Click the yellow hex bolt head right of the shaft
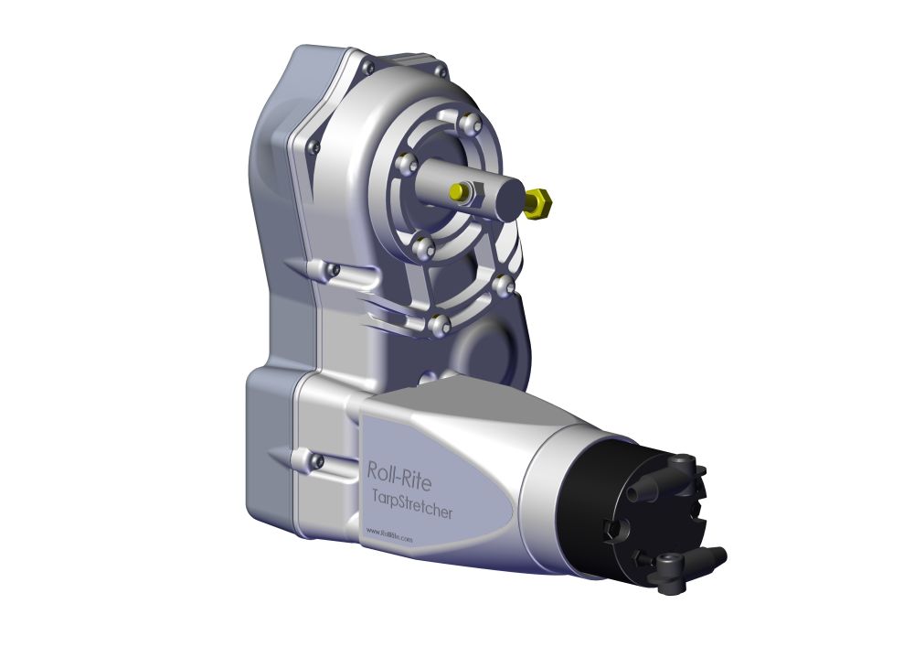(537, 202)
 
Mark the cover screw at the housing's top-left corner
(367, 67)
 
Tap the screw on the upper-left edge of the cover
(314, 146)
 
